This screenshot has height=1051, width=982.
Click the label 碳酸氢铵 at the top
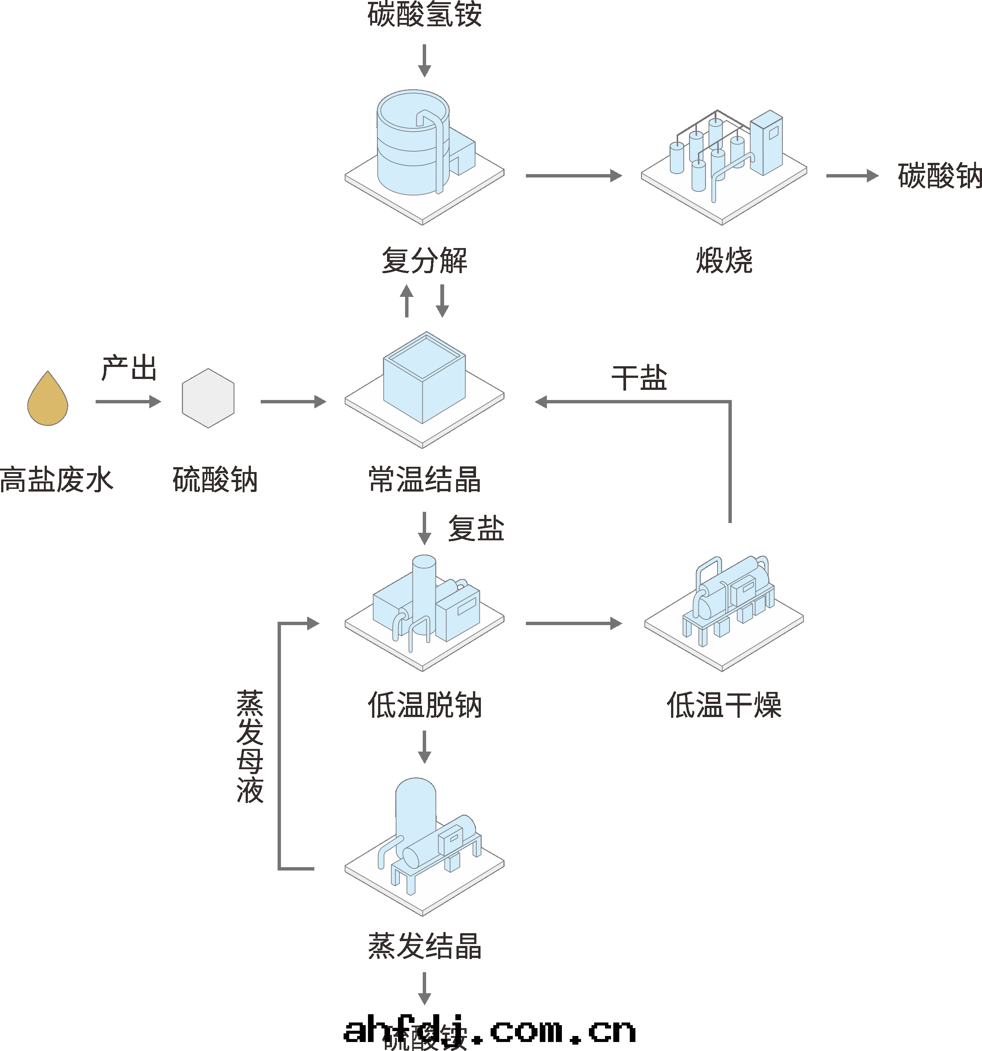424,15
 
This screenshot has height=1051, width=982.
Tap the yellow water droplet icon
48,399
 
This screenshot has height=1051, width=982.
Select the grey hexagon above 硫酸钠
208,398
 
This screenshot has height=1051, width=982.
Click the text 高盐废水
57,480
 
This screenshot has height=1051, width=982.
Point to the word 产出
129,368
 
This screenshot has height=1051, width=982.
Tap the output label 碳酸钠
940,176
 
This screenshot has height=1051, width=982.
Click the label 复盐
476,529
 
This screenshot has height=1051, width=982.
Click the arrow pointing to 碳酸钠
851,176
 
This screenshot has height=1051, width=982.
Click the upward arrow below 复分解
407,301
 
